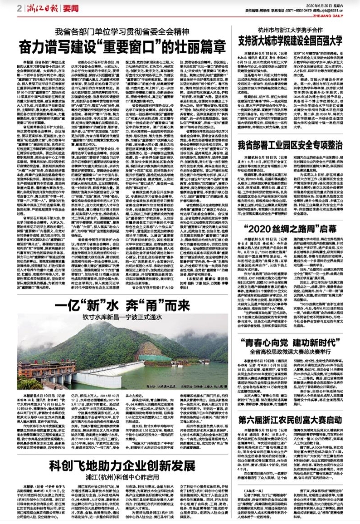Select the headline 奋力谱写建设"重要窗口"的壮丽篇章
(x=122, y=47)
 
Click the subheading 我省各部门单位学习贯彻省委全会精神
(x=122, y=32)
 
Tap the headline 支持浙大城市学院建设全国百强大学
(x=290, y=41)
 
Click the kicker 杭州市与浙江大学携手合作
(x=290, y=30)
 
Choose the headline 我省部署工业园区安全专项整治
(x=290, y=145)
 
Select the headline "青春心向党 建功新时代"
(x=290, y=342)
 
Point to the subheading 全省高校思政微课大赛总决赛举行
(x=290, y=352)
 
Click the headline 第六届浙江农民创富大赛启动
(x=290, y=420)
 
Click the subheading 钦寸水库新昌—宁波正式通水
(x=122, y=317)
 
